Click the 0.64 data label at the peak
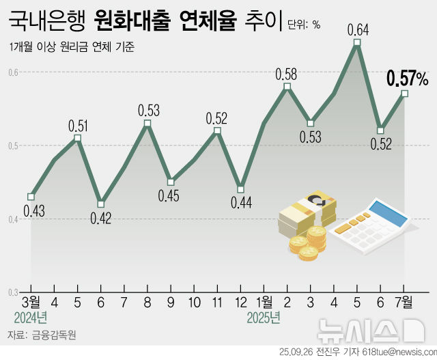[358, 29]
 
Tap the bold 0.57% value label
[407, 79]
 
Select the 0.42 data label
[101, 218]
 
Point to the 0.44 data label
[240, 203]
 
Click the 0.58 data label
[287, 73]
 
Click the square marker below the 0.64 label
[358, 43]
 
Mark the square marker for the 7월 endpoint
[405, 94]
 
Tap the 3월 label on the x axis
[31, 301]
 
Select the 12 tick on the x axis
[240, 301]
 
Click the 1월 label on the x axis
[264, 301]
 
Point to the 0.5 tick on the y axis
[14, 146]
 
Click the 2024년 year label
[31, 318]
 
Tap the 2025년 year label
[264, 318]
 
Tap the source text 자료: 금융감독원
[42, 336]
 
